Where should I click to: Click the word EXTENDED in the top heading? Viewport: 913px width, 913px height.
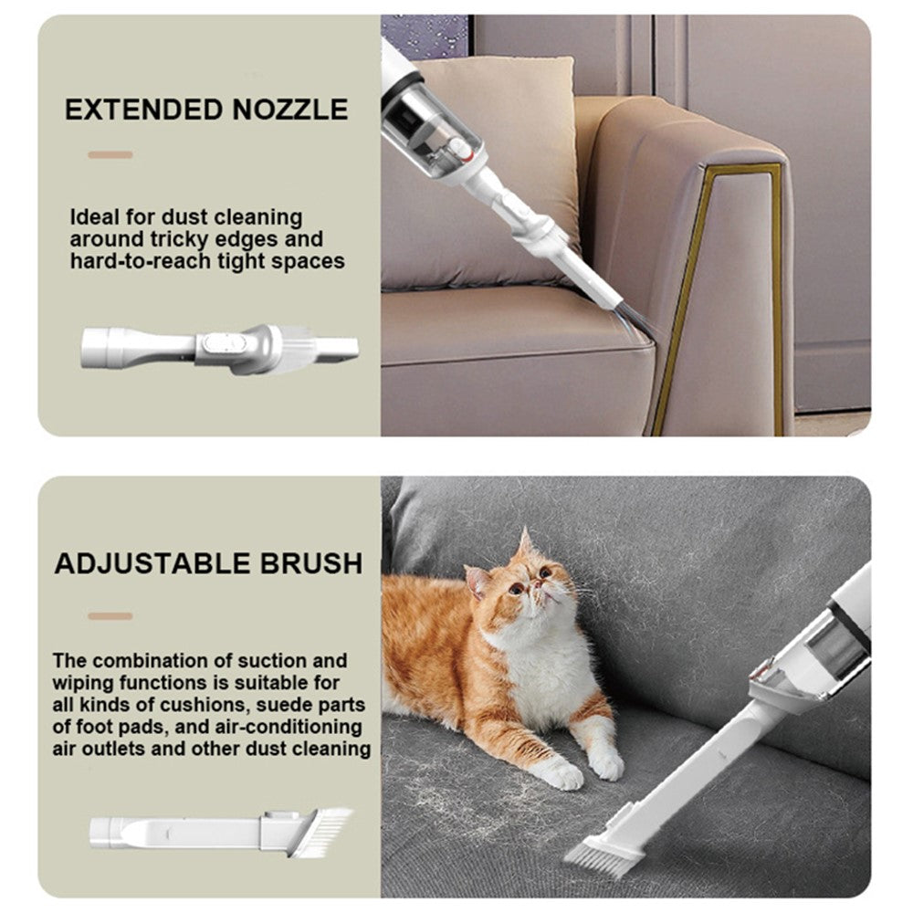pyautogui.click(x=143, y=110)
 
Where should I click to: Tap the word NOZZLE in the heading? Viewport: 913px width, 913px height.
pyautogui.click(x=290, y=110)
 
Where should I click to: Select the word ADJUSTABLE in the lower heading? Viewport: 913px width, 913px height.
pyautogui.click(x=151, y=563)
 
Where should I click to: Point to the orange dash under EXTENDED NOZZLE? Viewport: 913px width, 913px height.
pyautogui.click(x=110, y=155)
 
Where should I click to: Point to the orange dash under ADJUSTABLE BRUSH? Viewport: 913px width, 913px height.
pyautogui.click(x=110, y=616)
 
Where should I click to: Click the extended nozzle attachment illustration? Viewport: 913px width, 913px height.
pyautogui.click(x=219, y=348)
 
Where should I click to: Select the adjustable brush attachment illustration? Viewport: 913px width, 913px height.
pyautogui.click(x=222, y=833)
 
